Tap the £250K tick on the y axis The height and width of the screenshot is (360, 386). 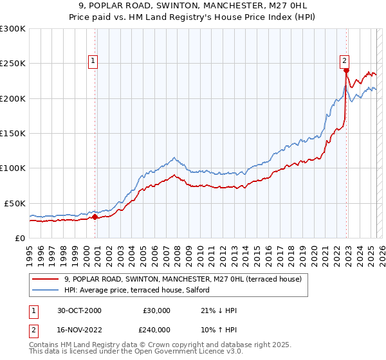pos(13,64)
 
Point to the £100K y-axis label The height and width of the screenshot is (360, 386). pos(13,168)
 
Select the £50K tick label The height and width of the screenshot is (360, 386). pos(15,203)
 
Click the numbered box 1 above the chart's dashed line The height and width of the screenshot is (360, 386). pos(93,61)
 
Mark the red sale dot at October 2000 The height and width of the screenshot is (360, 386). pos(95,217)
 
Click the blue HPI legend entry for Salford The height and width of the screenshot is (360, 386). pos(161,291)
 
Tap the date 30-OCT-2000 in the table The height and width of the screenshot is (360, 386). pos(79,310)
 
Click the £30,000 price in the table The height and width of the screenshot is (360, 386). pos(156,310)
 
